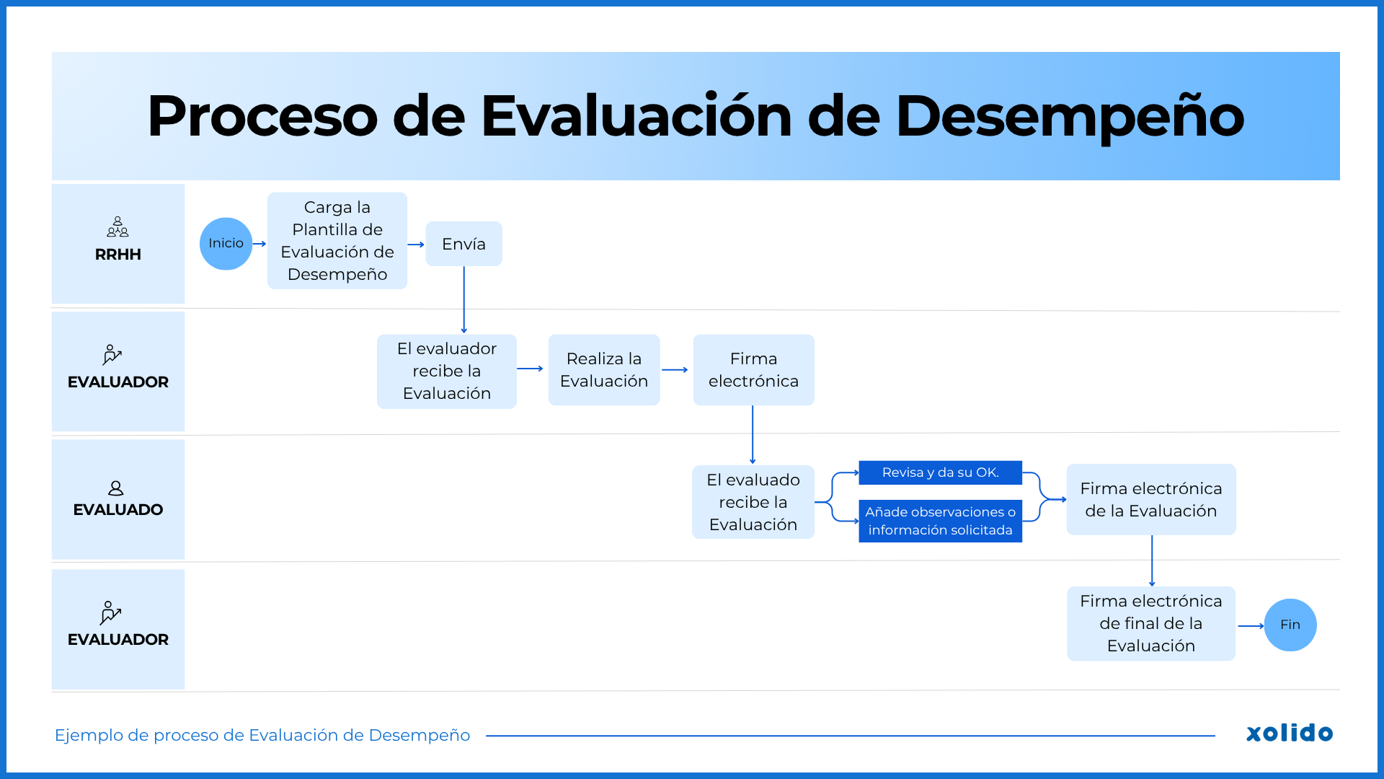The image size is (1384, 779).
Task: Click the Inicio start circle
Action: pyautogui.click(x=226, y=244)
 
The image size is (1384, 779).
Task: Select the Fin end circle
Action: pyautogui.click(x=1290, y=625)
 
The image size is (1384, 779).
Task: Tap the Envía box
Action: pyautogui.click(x=463, y=244)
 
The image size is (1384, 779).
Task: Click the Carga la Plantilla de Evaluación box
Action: pyautogui.click(x=337, y=241)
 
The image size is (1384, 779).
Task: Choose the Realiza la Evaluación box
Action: pyautogui.click(x=603, y=370)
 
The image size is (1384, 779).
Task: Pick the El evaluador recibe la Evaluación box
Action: pyautogui.click(x=446, y=371)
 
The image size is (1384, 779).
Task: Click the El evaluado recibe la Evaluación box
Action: pyautogui.click(x=753, y=502)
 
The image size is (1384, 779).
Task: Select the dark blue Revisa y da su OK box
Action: pyautogui.click(x=940, y=472)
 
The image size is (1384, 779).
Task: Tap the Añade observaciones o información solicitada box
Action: pyautogui.click(x=940, y=521)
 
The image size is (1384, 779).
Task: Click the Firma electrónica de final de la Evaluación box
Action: pyautogui.click(x=1150, y=623)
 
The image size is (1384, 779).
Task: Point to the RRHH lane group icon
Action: pyautogui.click(x=117, y=227)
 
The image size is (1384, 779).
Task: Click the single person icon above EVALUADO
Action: pyautogui.click(x=115, y=488)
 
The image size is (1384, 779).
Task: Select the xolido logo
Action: pyautogui.click(x=1289, y=733)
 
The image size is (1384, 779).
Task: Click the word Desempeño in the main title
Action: pyautogui.click(x=1069, y=116)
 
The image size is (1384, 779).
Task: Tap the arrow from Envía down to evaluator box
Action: pyautogui.click(x=463, y=299)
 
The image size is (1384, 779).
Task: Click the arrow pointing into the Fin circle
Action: pyautogui.click(x=1251, y=625)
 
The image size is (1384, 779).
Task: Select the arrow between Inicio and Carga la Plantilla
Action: pyautogui.click(x=259, y=244)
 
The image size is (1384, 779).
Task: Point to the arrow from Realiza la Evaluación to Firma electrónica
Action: pyautogui.click(x=675, y=370)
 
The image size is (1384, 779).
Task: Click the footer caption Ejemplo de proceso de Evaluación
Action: pyautogui.click(x=262, y=735)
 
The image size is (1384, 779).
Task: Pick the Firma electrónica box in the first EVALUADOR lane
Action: pyautogui.click(x=753, y=370)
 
